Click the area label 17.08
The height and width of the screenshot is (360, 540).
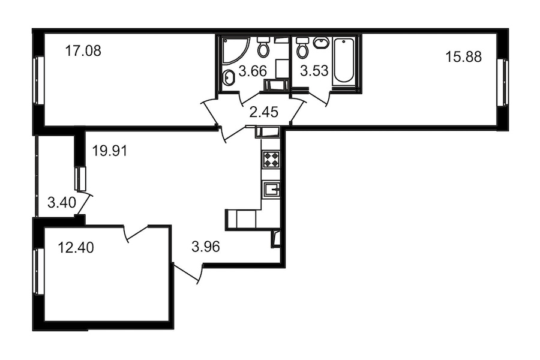(83, 52)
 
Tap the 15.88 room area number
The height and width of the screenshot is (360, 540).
(464, 57)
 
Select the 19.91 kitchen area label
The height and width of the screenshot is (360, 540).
(110, 151)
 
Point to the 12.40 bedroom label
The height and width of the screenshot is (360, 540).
(76, 248)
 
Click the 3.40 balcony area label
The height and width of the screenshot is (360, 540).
(62, 203)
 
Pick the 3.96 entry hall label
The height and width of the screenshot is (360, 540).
(206, 247)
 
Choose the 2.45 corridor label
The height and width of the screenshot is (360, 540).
(264, 112)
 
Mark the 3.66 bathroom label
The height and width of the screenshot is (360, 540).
(253, 71)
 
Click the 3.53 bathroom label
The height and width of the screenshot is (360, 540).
(314, 71)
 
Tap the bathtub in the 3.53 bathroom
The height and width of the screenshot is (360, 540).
(344, 61)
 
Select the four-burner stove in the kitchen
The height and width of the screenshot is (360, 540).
(271, 160)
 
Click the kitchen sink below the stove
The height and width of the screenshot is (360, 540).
(272, 189)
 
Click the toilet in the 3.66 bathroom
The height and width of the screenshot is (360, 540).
(264, 47)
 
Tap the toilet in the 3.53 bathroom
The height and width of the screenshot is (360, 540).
(303, 47)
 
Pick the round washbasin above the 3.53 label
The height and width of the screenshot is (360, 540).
(322, 43)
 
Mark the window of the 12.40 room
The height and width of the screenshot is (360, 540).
(38, 271)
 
